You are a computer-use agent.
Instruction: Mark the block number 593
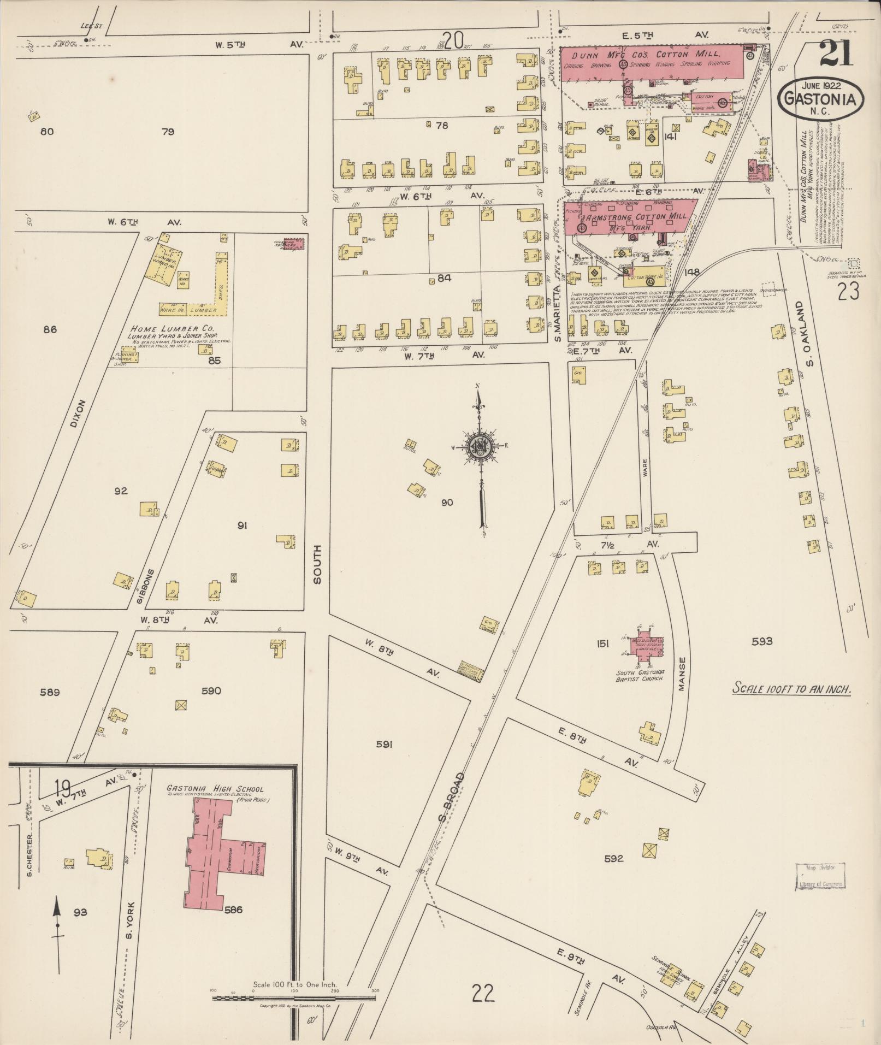tap(762, 641)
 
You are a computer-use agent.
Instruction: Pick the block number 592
tap(614, 873)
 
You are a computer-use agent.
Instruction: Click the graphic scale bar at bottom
tap(294, 997)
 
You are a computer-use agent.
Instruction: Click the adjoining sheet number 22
tap(483, 993)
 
